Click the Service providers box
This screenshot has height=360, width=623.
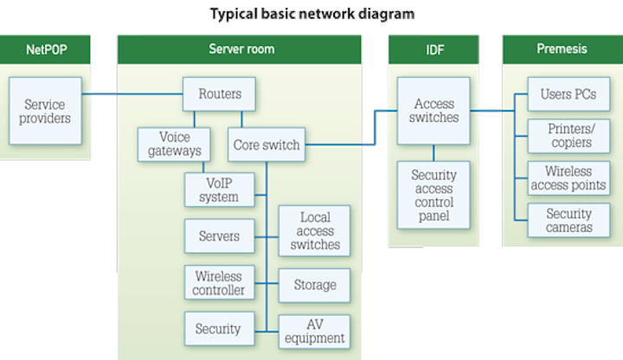[47, 110]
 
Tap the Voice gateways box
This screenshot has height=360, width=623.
[175, 144]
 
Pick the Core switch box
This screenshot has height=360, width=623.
[267, 145]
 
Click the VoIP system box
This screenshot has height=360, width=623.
[219, 190]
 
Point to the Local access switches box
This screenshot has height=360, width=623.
[315, 230]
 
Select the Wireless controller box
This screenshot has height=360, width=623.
[219, 283]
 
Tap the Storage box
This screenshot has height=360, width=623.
[315, 284]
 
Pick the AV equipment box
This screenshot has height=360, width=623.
[315, 331]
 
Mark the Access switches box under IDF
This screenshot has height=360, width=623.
[434, 110]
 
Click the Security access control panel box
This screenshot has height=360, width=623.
[434, 194]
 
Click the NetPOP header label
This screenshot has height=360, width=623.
[45, 49]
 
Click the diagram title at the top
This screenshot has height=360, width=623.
[311, 14]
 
